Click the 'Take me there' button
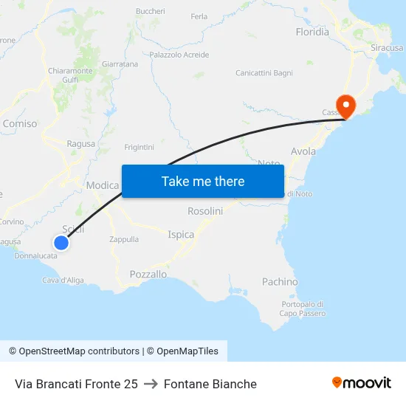point(203,181)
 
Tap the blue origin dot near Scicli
point(61,242)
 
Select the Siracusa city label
point(387,47)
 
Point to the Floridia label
point(312,32)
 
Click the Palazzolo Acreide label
point(179,55)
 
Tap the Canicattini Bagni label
point(264,73)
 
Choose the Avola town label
point(303,151)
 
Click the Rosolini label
point(205,211)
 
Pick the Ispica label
point(181,235)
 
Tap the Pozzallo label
point(148,274)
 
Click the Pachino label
point(280,282)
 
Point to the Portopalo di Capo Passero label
point(302,309)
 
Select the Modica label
point(103,185)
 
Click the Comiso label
point(20,124)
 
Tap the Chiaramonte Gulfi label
point(71,75)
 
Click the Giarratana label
point(120,64)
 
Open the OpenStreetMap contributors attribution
point(74,351)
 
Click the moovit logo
point(362,383)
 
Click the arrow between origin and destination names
point(151,384)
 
